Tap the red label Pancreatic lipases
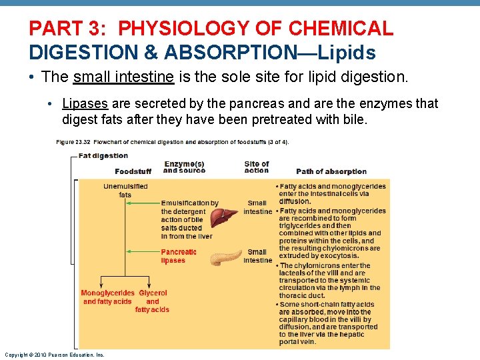178,256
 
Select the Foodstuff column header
133,171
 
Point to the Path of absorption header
331,171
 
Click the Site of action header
257,167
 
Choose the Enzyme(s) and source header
184,167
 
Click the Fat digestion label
103,156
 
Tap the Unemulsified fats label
125,191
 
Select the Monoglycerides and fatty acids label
107,297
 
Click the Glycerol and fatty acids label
153,301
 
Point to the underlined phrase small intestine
123,77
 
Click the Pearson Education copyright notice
54,355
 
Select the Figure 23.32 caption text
172,142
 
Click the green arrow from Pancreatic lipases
143,252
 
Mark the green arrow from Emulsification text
143,203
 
